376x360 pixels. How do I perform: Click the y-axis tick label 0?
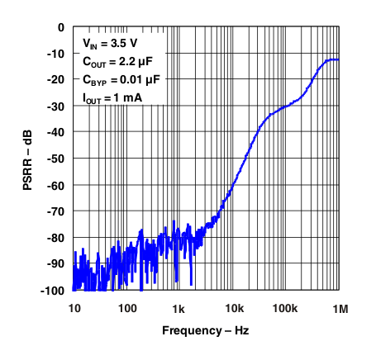click(x=59, y=26)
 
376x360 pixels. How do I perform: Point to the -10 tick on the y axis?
click(x=55, y=53)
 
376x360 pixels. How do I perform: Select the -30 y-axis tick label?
click(x=55, y=106)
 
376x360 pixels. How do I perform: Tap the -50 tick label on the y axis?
click(x=55, y=159)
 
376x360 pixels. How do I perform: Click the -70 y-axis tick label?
click(x=55, y=211)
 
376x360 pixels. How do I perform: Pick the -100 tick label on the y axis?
click(x=53, y=291)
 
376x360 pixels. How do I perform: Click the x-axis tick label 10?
click(x=74, y=308)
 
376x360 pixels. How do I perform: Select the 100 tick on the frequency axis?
click(x=126, y=308)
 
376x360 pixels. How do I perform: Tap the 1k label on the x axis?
click(x=179, y=308)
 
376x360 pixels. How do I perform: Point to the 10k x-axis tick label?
click(x=232, y=308)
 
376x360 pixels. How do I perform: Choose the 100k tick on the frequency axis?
click(x=285, y=308)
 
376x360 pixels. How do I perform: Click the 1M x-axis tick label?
click(x=338, y=308)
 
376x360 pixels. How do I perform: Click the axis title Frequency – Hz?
click(x=205, y=330)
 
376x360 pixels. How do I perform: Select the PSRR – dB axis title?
click(x=28, y=159)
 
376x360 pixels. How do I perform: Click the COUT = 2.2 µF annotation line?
click(x=117, y=61)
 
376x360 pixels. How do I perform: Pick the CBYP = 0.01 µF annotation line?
click(x=120, y=80)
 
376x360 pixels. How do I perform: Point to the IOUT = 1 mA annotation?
click(x=112, y=99)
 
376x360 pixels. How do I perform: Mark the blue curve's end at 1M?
click(x=338, y=59)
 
